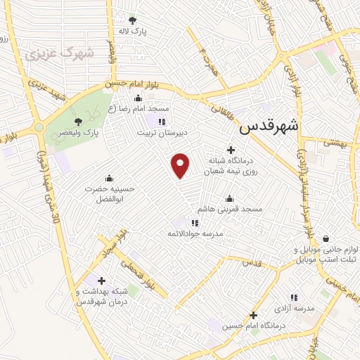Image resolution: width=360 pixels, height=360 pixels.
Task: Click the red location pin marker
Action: click(x=181, y=165)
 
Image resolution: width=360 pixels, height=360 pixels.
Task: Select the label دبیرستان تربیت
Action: click(x=162, y=132)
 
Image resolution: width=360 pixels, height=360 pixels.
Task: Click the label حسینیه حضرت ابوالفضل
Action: click(x=109, y=194)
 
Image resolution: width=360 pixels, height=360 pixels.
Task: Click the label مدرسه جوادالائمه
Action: click(x=195, y=233)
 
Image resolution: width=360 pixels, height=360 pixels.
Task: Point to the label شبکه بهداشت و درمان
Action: click(x=104, y=296)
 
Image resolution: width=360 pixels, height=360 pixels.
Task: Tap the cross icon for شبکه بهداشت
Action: click(x=104, y=281)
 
